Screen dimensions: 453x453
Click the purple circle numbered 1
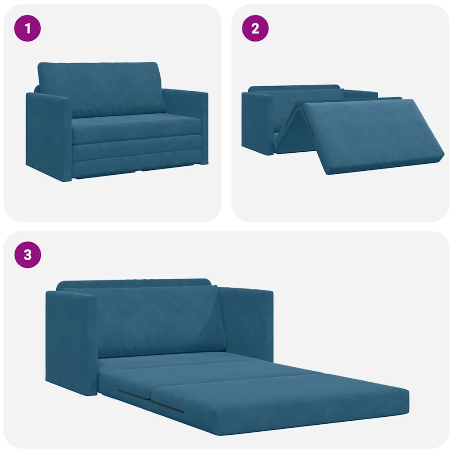pyautogui.click(x=27, y=29)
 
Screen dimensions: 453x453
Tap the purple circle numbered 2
pyautogui.click(x=255, y=29)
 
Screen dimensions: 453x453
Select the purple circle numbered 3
pyautogui.click(x=27, y=255)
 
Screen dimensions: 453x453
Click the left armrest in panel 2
pyautogui.click(x=257, y=122)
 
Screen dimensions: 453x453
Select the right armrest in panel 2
pyautogui.click(x=361, y=94)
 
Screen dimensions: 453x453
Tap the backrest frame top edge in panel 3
pyautogui.click(x=133, y=282)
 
